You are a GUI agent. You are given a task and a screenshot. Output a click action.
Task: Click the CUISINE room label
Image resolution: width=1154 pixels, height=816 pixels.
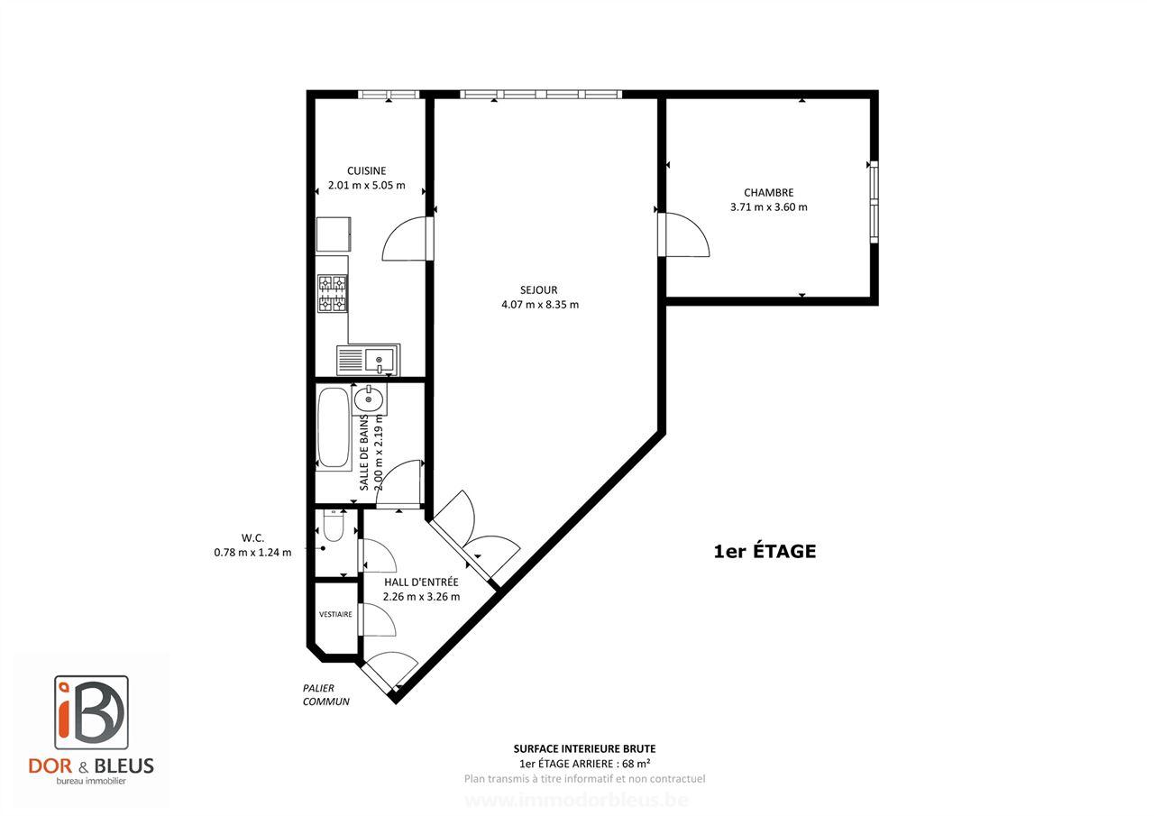pyautogui.click(x=367, y=170)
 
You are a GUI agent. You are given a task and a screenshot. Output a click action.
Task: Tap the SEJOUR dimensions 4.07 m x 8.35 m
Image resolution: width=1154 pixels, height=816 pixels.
pyautogui.click(x=539, y=305)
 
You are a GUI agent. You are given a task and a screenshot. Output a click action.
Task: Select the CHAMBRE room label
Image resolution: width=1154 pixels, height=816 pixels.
pyautogui.click(x=768, y=192)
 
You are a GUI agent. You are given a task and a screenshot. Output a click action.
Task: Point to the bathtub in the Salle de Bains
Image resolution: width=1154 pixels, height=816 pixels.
pyautogui.click(x=333, y=428)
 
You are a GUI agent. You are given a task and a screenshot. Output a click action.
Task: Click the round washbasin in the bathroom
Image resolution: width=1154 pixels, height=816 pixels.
pyautogui.click(x=370, y=398)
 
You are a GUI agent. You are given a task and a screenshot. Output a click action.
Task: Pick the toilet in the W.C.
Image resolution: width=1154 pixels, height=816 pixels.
pyautogui.click(x=333, y=526)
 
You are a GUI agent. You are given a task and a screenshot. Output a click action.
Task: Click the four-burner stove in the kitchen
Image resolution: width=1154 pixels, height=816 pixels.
pyautogui.click(x=332, y=293)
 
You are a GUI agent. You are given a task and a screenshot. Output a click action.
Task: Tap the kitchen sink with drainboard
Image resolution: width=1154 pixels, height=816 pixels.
pyautogui.click(x=369, y=361)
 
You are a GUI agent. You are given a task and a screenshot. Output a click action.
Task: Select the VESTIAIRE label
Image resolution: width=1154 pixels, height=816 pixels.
pyautogui.click(x=335, y=614)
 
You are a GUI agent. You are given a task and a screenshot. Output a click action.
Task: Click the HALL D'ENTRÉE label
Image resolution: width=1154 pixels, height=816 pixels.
pyautogui.click(x=421, y=582)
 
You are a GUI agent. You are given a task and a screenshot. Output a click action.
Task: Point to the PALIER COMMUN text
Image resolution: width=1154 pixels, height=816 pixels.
pyautogui.click(x=325, y=694)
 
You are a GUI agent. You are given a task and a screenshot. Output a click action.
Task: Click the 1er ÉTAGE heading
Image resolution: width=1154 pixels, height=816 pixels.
pyautogui.click(x=765, y=551)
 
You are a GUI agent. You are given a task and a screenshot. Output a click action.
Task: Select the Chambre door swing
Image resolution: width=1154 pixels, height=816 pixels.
pyautogui.click(x=685, y=234)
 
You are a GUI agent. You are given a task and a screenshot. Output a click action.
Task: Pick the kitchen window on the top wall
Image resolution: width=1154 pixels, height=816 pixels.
pyautogui.click(x=389, y=94)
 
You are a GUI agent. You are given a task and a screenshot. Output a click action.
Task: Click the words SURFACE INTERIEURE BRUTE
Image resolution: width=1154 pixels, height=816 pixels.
pyautogui.click(x=584, y=748)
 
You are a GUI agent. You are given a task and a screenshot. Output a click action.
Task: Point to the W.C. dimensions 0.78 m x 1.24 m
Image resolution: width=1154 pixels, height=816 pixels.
pyautogui.click(x=252, y=553)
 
